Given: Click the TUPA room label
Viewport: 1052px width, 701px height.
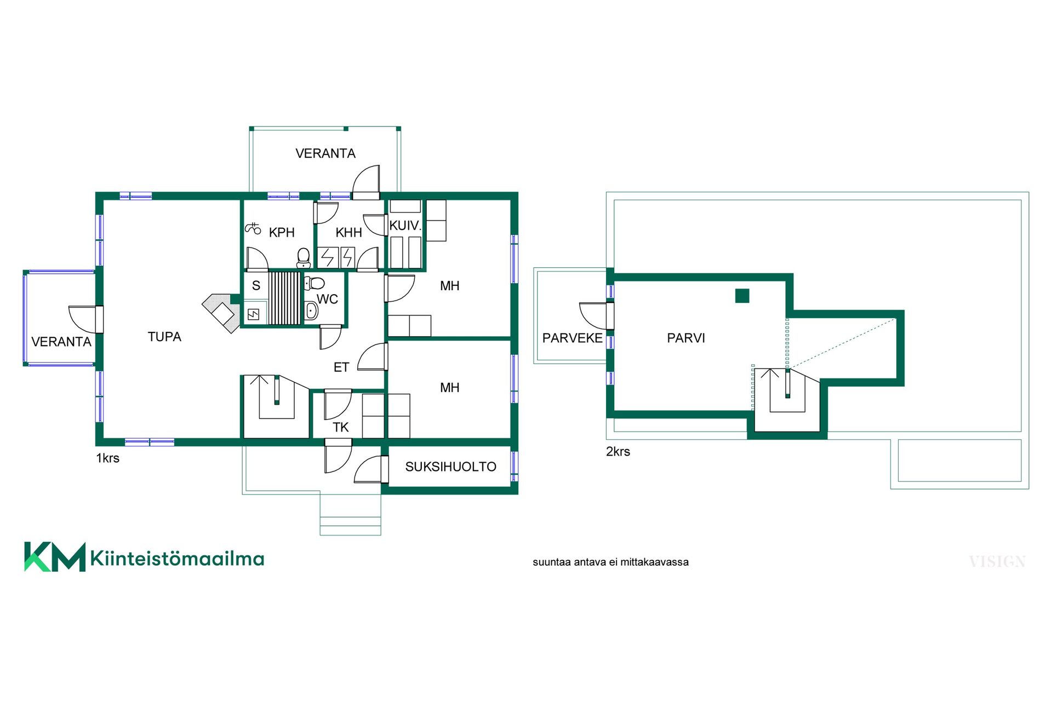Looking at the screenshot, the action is [164, 337].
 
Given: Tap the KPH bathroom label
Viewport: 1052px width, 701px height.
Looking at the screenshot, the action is [282, 233].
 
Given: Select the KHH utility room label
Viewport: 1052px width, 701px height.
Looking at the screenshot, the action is [348, 233].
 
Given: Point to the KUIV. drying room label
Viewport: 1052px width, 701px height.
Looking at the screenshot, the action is [405, 226].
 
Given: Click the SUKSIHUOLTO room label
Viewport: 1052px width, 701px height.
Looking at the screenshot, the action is [450, 467].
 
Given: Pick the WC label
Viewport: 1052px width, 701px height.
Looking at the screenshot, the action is [327, 300].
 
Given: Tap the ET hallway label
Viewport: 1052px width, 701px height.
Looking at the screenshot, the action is [341, 367].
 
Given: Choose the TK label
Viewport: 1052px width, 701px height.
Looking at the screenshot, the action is [341, 427].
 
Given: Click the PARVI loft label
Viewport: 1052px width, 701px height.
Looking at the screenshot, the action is [686, 338].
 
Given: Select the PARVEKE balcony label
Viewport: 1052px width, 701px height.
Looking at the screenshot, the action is [572, 338].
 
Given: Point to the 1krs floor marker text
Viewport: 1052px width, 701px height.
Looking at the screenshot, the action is [107, 458].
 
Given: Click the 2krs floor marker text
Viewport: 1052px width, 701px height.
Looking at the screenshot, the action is [618, 452].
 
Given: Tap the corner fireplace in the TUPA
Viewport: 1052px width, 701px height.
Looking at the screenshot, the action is [221, 313].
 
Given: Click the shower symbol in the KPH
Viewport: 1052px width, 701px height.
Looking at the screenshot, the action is [253, 228].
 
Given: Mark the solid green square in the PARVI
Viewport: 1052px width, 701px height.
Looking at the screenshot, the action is [742, 296].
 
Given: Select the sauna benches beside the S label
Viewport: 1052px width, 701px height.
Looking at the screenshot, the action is [284, 298].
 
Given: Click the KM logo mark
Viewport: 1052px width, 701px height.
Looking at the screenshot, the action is [55, 557].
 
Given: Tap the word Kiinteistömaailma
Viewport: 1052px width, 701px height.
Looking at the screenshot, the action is [177, 559].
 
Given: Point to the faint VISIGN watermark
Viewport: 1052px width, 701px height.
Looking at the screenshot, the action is [997, 562].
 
